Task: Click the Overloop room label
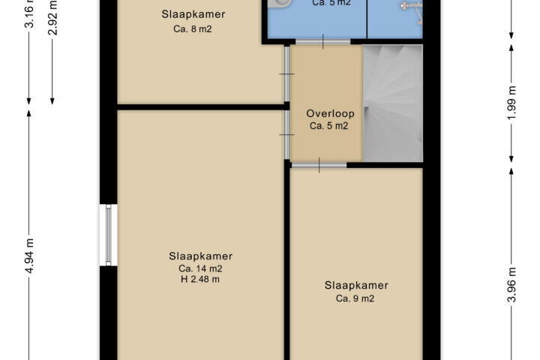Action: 330,113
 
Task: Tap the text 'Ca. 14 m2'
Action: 200,268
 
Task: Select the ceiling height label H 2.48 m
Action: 200,280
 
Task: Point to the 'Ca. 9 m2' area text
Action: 355,298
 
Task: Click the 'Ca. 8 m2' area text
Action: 193,29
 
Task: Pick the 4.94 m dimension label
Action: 30,256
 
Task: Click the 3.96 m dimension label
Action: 512,284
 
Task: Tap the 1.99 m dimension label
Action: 512,103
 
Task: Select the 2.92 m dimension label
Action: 53,18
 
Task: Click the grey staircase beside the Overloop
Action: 393,103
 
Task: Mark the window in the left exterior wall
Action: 109,235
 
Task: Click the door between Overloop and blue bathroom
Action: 323,42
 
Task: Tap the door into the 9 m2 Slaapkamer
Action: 319,165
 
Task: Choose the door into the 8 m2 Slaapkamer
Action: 286,73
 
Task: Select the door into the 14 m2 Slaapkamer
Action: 286,135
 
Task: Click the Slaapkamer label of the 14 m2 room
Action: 200,256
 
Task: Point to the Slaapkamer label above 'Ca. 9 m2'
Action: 356,286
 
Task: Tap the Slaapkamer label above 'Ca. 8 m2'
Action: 193,14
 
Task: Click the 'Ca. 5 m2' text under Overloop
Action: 329,126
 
